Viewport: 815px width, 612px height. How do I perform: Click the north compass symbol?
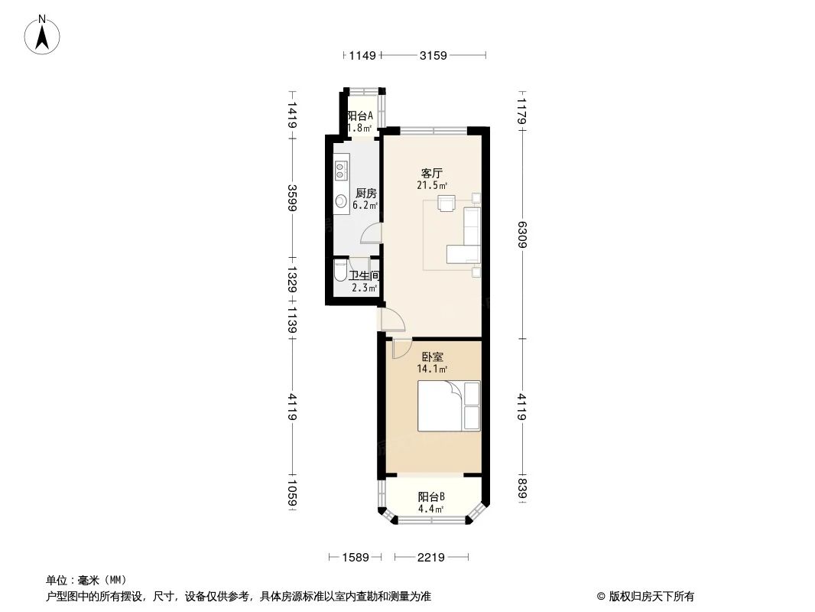click(x=44, y=35)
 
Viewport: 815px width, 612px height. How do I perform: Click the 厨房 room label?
click(x=366, y=194)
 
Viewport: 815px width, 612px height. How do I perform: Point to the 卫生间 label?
click(x=365, y=276)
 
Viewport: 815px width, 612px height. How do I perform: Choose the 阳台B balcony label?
click(x=431, y=496)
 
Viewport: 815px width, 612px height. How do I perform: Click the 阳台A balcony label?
click(x=360, y=116)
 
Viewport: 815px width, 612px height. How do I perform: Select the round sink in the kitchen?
click(x=341, y=202)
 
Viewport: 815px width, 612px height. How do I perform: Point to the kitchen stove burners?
click(x=341, y=171)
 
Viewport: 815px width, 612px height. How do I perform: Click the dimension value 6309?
click(x=523, y=233)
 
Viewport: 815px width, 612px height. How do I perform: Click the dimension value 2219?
click(x=431, y=558)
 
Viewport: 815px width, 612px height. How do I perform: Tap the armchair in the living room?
click(x=446, y=203)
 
